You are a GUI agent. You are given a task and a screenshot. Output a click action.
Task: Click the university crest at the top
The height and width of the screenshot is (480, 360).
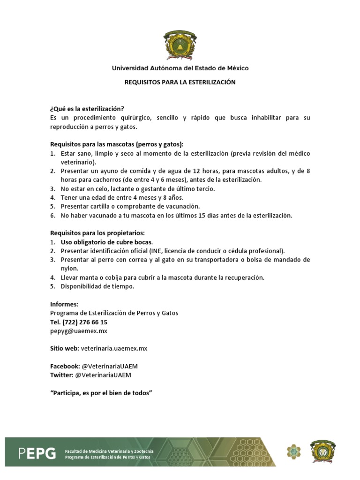(180, 45)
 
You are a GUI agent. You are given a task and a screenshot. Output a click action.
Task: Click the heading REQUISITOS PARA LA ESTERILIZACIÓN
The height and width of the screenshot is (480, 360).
(180, 82)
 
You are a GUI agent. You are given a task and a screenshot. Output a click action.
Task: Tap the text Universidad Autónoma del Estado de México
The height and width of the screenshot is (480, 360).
(180, 68)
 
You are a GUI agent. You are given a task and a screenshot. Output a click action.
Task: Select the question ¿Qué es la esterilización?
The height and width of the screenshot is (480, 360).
(87, 108)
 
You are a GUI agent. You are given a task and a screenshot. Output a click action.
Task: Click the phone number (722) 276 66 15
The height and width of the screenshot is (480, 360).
(85, 322)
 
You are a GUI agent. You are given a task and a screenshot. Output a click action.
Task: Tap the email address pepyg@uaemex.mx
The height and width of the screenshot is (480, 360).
(79, 331)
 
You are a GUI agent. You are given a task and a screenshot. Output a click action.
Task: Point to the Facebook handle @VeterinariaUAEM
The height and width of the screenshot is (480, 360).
(106, 366)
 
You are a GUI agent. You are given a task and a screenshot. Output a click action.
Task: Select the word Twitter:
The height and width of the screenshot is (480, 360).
(61, 375)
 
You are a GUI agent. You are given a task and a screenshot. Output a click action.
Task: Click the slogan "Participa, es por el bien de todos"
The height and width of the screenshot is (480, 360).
(102, 392)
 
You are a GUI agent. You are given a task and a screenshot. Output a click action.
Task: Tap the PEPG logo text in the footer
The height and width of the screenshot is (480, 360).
(37, 453)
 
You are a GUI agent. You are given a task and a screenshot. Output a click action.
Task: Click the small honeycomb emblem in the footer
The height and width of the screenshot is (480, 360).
(294, 452)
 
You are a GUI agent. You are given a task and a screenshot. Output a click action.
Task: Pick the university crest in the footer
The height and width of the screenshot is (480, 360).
(323, 451)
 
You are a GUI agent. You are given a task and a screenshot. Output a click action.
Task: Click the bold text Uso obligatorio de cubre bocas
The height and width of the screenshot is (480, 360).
(106, 242)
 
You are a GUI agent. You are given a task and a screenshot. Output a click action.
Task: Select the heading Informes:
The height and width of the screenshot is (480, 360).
(64, 304)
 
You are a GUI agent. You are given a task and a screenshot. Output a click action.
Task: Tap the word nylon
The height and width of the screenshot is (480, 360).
(69, 269)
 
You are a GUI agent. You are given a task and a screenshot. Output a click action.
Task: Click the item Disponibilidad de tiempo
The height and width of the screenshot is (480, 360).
(97, 286)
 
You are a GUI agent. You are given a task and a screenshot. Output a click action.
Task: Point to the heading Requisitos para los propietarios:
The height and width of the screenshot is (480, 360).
(97, 233)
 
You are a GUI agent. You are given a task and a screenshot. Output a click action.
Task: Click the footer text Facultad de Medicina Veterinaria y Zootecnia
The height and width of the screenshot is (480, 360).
(109, 450)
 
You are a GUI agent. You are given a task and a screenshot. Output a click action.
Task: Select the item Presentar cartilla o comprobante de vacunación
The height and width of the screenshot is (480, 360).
(130, 206)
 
